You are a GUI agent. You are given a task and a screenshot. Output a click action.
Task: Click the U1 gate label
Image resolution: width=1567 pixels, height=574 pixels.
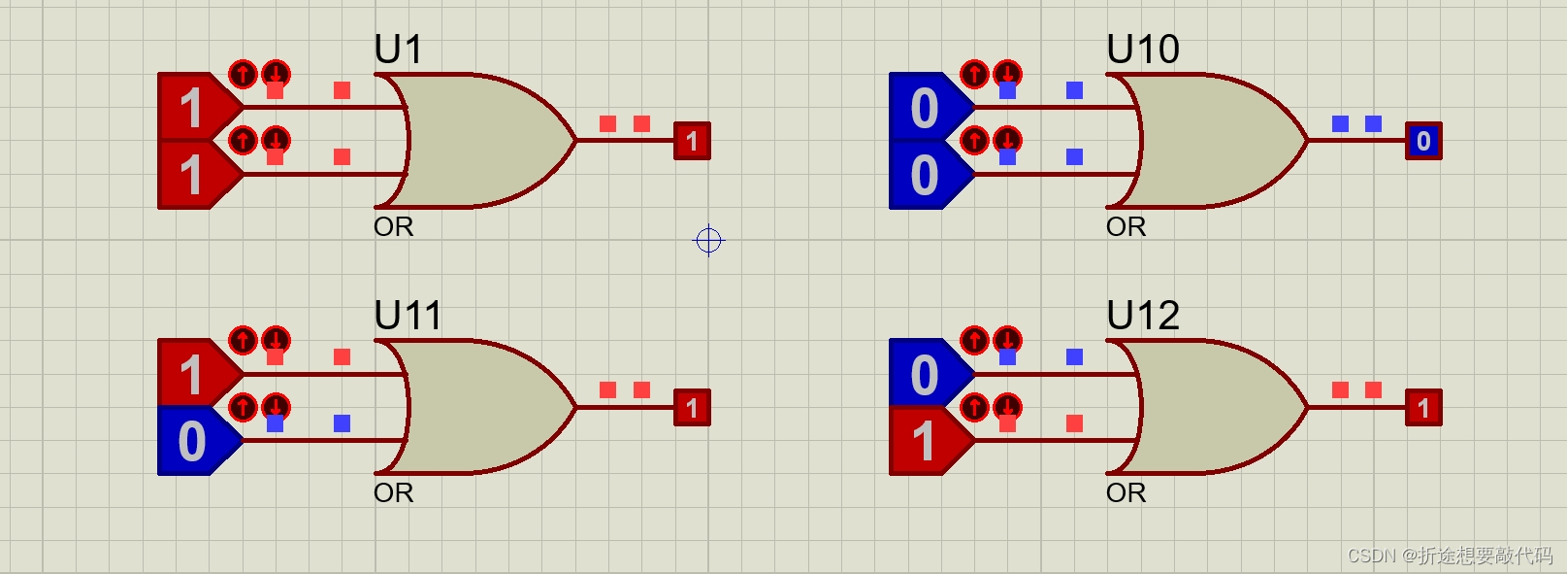tap(398, 50)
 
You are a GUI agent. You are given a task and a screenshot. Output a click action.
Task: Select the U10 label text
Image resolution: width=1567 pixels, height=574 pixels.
tap(1142, 50)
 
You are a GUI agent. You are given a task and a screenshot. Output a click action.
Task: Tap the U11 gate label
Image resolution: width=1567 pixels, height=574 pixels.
tap(408, 316)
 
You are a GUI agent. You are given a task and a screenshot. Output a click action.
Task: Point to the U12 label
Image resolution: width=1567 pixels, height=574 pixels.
tap(1142, 316)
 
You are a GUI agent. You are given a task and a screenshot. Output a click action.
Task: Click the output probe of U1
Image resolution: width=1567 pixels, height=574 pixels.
tap(692, 141)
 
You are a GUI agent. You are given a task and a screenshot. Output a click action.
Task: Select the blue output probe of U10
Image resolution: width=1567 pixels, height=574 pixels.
tap(1423, 141)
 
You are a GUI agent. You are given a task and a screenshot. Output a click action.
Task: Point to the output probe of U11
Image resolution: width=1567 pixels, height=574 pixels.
tap(692, 408)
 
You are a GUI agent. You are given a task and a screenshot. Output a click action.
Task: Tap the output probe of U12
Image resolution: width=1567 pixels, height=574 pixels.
tap(1423, 408)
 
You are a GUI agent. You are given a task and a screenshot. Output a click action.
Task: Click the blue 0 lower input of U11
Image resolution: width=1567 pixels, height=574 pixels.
tap(193, 441)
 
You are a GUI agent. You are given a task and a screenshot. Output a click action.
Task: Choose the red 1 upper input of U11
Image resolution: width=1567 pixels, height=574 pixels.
tap(193, 374)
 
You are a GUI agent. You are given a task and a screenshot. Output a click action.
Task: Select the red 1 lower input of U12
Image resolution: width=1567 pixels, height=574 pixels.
tap(925, 441)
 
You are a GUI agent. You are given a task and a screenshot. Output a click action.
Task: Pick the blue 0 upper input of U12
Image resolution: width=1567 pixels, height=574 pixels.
tap(925, 374)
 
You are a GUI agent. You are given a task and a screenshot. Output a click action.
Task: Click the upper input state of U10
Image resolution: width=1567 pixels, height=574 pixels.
tap(925, 108)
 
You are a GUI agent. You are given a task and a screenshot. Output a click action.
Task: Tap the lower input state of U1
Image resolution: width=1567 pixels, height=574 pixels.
tap(193, 175)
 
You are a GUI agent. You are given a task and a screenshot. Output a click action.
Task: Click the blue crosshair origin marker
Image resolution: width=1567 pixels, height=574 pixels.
tap(709, 240)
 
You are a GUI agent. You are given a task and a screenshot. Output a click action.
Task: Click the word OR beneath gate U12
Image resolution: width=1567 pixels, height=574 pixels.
tap(1126, 493)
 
